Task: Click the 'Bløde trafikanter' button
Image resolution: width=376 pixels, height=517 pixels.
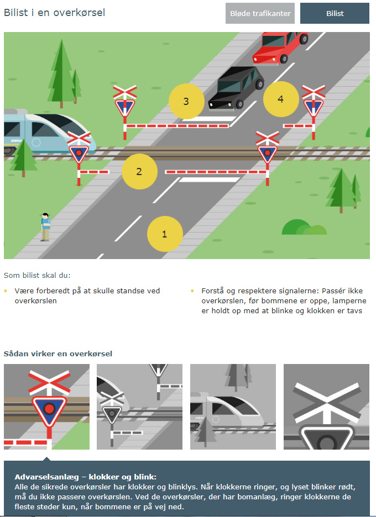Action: (260, 13)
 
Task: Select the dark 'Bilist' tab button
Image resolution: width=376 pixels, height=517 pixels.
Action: (335, 13)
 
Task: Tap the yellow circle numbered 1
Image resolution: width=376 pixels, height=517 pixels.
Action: (165, 234)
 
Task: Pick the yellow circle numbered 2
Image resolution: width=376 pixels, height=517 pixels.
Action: (139, 171)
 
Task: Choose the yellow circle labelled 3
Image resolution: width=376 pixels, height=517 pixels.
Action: (186, 101)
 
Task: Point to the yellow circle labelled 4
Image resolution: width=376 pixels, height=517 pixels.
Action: (281, 99)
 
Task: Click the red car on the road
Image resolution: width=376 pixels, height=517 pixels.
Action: (280, 47)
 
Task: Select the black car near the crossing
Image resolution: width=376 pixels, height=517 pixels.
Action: (236, 88)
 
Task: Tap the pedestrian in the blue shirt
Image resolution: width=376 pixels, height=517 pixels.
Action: (45, 227)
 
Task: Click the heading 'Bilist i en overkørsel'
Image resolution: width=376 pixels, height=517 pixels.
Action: (55, 13)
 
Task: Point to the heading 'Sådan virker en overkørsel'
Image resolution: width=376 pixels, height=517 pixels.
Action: (58, 354)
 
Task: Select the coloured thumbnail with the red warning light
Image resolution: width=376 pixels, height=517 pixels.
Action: (46, 407)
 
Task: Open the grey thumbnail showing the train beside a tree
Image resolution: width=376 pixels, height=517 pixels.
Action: (233, 407)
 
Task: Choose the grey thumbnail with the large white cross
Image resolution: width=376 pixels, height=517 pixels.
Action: (326, 407)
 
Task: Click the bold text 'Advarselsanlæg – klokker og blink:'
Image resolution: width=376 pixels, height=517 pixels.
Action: (86, 477)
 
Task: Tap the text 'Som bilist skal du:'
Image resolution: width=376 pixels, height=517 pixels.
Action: (37, 275)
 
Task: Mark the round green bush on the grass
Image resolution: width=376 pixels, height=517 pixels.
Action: (304, 227)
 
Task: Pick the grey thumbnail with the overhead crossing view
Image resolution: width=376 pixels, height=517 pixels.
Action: (140, 407)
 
